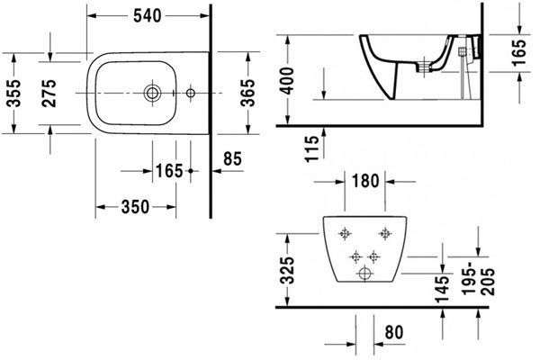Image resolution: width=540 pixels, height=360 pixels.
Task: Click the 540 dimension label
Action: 147,16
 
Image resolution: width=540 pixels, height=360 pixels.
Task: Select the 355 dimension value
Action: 14,93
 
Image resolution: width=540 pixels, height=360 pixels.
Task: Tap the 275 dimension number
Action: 49,93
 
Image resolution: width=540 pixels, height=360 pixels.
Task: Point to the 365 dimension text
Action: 248,93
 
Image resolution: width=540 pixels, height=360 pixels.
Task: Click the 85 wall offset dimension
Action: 232,158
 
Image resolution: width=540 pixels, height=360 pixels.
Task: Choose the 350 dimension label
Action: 135,207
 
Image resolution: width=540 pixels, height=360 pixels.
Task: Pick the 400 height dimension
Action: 286,81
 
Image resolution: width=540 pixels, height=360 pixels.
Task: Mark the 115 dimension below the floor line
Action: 312,148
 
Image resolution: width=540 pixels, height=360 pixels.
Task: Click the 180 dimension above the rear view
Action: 365,181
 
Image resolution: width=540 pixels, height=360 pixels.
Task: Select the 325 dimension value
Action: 287,270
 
